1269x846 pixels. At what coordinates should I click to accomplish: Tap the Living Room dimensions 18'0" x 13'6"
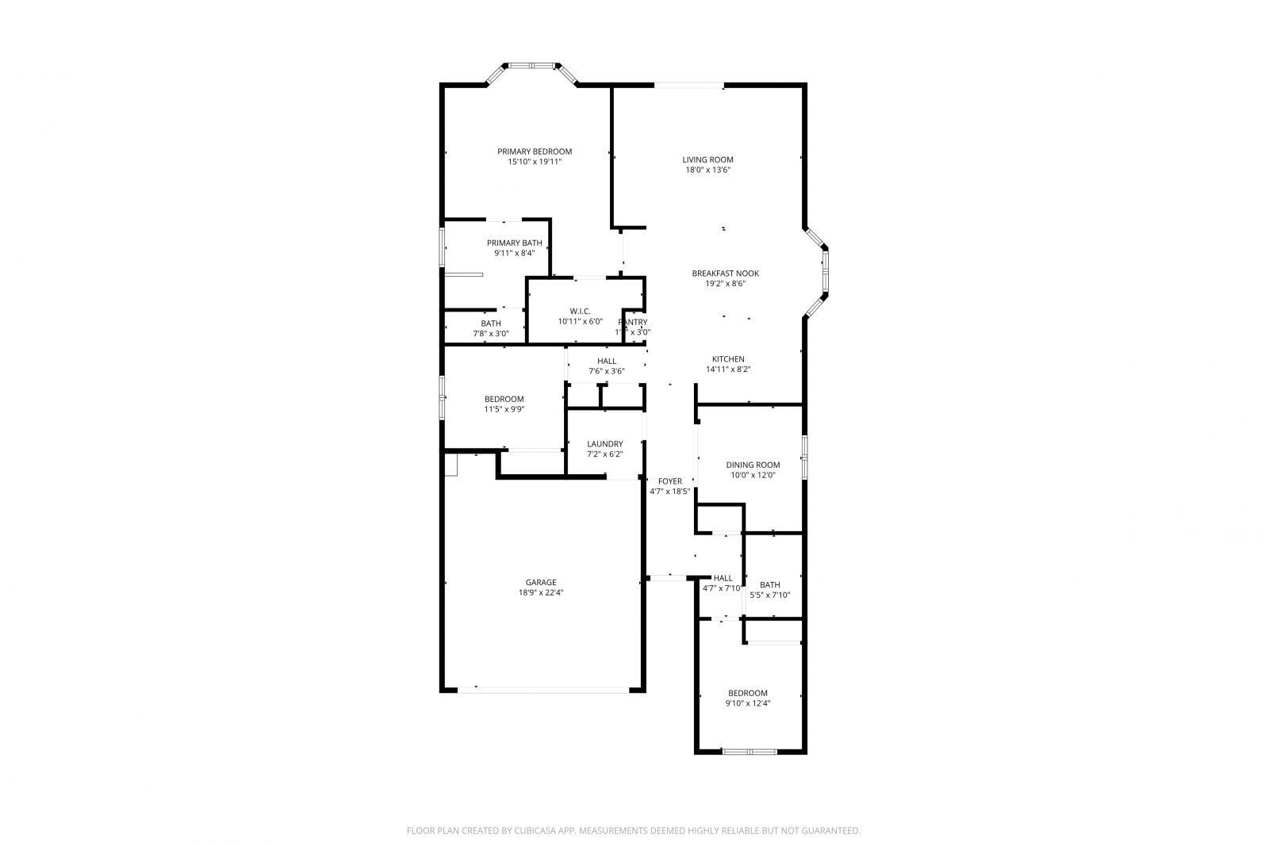[x=707, y=170]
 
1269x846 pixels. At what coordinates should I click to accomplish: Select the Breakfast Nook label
[x=725, y=274]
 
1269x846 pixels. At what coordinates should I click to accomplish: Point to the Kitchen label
[x=727, y=359]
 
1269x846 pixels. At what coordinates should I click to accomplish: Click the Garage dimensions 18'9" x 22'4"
[x=540, y=592]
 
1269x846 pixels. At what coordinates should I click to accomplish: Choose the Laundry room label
[x=604, y=444]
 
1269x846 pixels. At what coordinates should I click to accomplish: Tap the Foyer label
[x=669, y=481]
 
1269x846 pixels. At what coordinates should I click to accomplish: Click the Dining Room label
[x=753, y=465]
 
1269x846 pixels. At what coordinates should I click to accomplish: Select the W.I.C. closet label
[x=580, y=312]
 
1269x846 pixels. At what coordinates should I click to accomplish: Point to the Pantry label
[x=633, y=322]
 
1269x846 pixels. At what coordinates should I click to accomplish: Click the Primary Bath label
[x=514, y=243]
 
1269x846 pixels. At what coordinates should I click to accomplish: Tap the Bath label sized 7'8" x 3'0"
[x=490, y=323]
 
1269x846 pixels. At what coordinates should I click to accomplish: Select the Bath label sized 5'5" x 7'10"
[x=769, y=585]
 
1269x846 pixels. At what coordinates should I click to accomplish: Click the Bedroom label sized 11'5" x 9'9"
[x=504, y=399]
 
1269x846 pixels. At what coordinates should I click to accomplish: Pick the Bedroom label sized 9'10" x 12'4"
[x=747, y=693]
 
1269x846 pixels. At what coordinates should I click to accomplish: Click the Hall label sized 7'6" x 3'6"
[x=607, y=361]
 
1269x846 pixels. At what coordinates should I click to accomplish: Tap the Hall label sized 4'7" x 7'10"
[x=723, y=578]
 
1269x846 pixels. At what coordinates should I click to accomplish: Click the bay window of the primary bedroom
[x=532, y=66]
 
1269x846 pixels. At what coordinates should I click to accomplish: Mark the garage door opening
[x=543, y=689]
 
